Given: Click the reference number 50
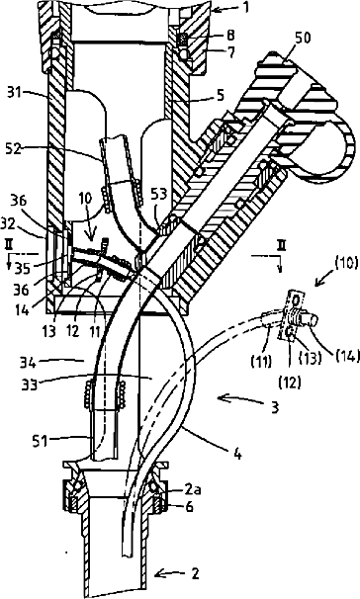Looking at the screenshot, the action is (303, 39).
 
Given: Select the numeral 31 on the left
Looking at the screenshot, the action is (15, 93).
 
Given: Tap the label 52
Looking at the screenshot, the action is (14, 148).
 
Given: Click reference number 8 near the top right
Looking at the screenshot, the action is (230, 36).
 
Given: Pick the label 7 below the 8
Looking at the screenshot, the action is (231, 52).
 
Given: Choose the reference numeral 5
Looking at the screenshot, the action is (221, 96).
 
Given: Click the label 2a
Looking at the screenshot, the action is (193, 490).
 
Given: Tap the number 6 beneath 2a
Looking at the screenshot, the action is (189, 506).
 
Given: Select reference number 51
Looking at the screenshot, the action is (40, 441).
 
